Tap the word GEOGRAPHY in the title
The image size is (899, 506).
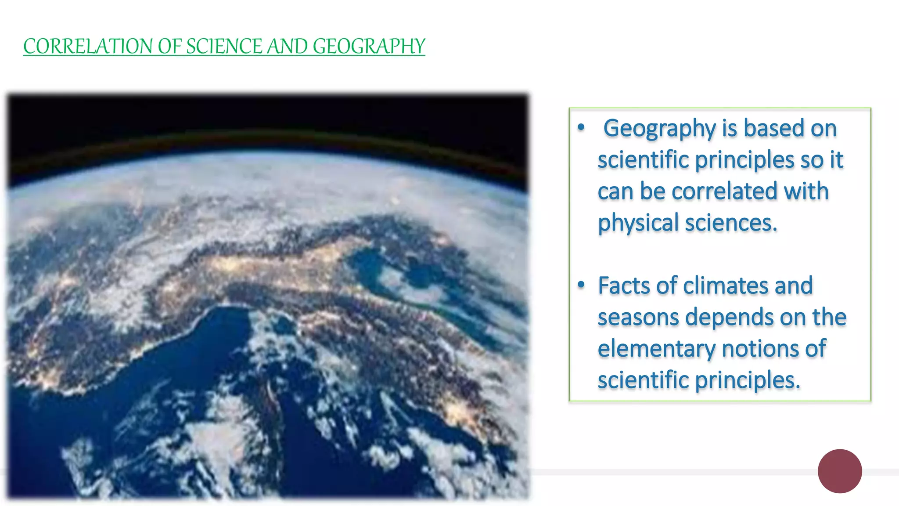tap(369, 47)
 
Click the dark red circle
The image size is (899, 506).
tap(840, 471)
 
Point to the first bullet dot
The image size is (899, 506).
tap(581, 127)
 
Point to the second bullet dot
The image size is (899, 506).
tap(581, 285)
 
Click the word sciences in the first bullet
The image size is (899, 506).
tap(730, 223)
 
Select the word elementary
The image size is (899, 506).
tap(657, 349)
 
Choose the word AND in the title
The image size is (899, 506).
tap(287, 47)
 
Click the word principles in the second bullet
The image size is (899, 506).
tap(748, 380)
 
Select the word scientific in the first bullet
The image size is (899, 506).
tap(644, 160)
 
